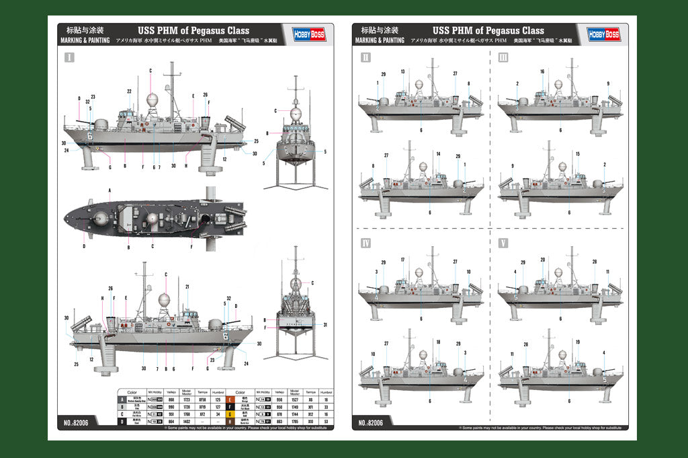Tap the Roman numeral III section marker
point(504,58)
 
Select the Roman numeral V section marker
point(504,242)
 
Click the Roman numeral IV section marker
point(366,242)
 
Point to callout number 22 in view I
point(129,91)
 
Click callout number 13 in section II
point(402,71)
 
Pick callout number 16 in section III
point(542,71)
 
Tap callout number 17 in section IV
point(402,260)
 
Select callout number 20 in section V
point(542,260)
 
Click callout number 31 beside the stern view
point(325,325)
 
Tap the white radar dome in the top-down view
point(153,218)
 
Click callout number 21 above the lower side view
point(187,287)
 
